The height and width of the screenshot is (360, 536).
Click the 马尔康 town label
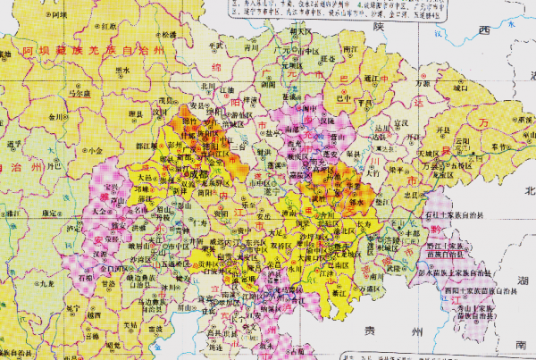[x=81, y=92]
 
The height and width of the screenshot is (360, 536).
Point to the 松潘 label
[x=167, y=34]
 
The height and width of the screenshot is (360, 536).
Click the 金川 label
[x=56, y=116]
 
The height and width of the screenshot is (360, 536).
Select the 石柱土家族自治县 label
[x=457, y=215]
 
